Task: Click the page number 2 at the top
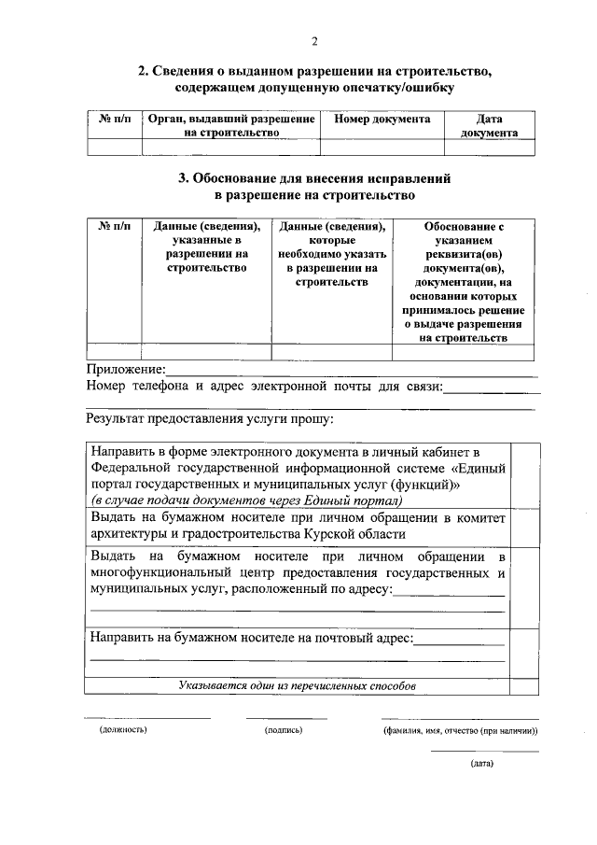pyautogui.click(x=314, y=40)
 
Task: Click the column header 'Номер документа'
pyautogui.click(x=382, y=120)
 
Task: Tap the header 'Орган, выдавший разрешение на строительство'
pyautogui.click(x=230, y=126)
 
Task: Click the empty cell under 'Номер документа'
pyautogui.click(x=382, y=147)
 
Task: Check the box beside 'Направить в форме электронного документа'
pyautogui.click(x=525, y=472)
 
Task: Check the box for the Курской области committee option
pyautogui.click(x=525, y=527)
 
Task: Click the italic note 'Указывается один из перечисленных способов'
pyautogui.click(x=298, y=686)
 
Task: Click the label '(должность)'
pyautogui.click(x=123, y=730)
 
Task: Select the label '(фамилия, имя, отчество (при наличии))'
pyautogui.click(x=460, y=730)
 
